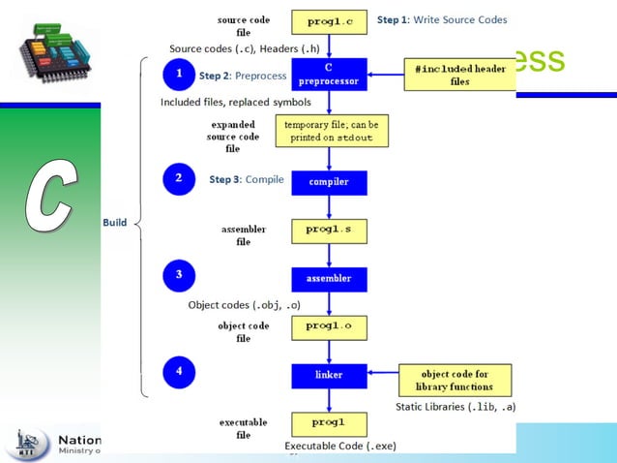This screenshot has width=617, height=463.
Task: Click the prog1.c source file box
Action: coord(329,19)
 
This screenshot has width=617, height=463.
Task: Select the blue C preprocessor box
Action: coord(329,75)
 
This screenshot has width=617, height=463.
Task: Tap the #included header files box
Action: coord(459,75)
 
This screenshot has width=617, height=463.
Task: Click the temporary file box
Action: coord(330,131)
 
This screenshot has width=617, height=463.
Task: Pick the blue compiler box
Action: coord(329,181)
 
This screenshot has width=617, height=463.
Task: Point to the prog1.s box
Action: coord(329,231)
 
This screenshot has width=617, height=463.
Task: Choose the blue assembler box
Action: coord(329,279)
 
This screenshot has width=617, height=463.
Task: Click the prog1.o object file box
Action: coord(329,327)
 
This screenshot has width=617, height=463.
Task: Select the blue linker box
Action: coord(329,375)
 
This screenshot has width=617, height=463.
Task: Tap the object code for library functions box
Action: coord(455,380)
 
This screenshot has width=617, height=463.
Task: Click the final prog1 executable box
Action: coord(329,423)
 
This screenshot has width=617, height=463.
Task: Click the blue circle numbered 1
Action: coord(179,75)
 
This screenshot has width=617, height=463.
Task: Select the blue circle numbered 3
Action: coord(179,276)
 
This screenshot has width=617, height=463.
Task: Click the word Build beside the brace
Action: coord(114,223)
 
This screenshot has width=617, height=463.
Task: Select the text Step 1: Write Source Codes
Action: coord(441,19)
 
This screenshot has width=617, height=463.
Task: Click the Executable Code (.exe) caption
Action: coord(340,446)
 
